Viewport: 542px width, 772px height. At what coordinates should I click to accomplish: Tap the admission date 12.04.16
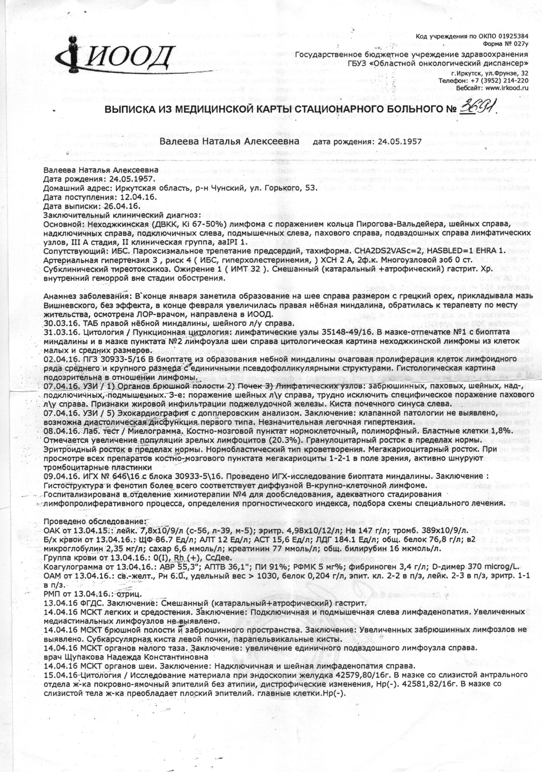click(x=137, y=197)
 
